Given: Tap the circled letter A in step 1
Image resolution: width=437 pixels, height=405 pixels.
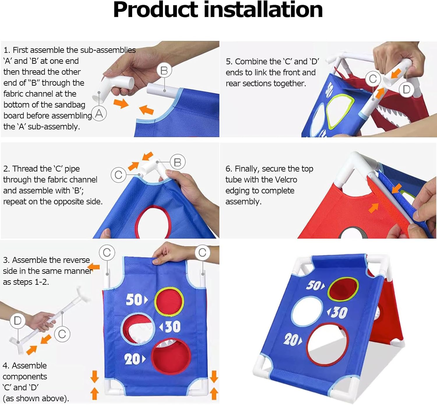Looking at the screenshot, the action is click(x=99, y=114).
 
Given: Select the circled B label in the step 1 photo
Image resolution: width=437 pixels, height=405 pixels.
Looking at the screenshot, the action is click(x=164, y=70).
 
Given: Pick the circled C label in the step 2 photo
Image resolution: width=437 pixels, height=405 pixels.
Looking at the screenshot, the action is click(x=118, y=175).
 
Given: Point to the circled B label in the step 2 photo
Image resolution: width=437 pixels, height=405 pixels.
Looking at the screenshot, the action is click(x=178, y=162).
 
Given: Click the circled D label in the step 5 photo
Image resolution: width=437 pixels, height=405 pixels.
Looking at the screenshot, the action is click(x=406, y=90).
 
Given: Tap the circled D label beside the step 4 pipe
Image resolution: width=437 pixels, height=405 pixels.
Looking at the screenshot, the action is click(x=17, y=321).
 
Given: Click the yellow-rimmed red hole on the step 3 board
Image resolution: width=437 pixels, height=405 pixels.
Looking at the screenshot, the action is click(x=169, y=301).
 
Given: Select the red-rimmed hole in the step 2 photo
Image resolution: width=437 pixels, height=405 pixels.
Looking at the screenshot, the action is click(x=153, y=222).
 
